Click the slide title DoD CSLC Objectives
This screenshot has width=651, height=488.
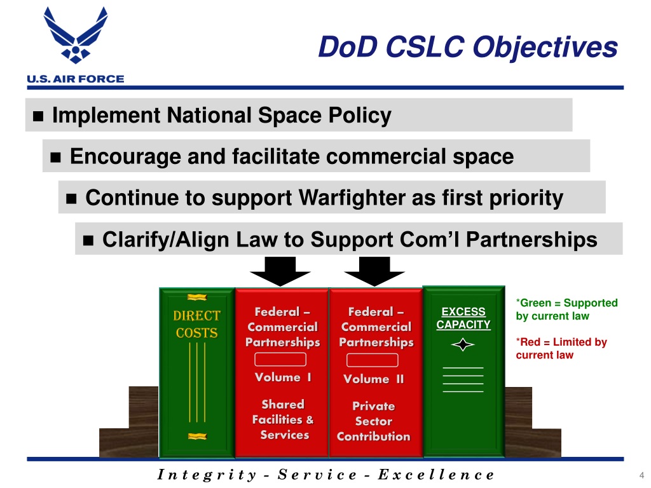click(467, 47)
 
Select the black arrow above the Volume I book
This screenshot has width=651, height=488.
click(280, 272)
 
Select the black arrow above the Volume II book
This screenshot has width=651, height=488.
click(374, 272)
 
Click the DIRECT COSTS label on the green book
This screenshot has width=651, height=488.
click(197, 324)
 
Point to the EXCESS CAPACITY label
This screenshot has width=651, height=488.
click(463, 318)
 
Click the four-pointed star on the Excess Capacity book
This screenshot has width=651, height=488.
click(463, 345)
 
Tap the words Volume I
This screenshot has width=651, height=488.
click(283, 377)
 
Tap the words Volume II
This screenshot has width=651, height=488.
click(373, 379)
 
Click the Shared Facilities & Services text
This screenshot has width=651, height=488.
click(284, 419)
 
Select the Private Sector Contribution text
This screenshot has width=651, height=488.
click(374, 421)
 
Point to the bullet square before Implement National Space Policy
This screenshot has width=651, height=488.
click(38, 117)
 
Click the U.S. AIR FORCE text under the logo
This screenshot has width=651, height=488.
click(75, 79)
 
